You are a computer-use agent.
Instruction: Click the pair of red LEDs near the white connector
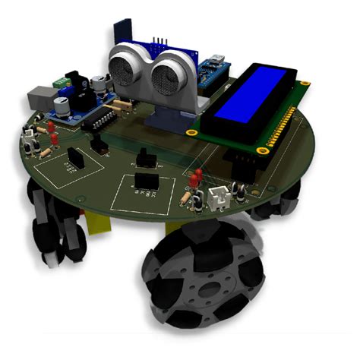[x=195, y=178]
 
